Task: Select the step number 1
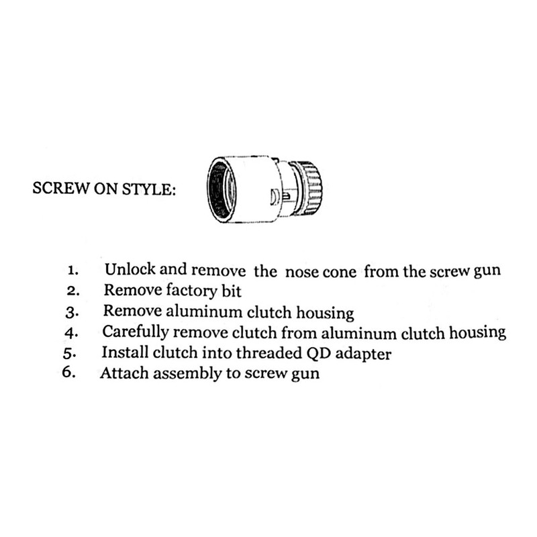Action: [x=74, y=272]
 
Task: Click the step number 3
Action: [x=74, y=313]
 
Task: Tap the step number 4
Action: [x=74, y=333]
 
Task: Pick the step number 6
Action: [x=70, y=373]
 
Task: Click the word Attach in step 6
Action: [x=122, y=373]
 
